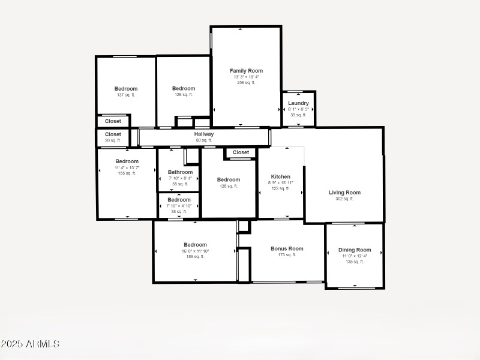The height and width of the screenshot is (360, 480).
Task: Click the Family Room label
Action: click(246, 71)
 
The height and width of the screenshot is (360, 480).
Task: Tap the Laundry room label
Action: click(298, 103)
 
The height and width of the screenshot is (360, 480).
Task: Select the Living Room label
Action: click(344, 193)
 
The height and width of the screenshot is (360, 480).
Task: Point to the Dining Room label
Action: click(355, 250)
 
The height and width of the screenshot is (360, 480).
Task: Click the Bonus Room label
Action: click(287, 248)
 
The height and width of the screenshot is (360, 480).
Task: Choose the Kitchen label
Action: click(280, 177)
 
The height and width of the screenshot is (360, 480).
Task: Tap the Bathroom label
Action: click(180, 172)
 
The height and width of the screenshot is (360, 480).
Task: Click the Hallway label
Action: click(204, 134)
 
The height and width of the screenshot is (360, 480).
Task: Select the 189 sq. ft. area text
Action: click(195, 256)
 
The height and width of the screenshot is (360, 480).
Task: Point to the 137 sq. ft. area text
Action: click(126, 95)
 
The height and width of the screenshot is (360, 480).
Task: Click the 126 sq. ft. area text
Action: click(184, 94)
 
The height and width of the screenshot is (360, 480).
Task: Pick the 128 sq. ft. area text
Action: click(229, 186)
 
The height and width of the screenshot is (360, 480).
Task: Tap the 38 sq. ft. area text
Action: click(179, 211)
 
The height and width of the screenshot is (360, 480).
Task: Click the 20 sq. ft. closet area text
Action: click(113, 140)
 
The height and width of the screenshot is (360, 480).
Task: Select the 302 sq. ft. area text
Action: click(344, 199)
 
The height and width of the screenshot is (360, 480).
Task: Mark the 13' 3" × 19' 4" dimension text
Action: click(246, 77)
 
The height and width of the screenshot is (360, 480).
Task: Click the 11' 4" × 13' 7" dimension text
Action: click(127, 167)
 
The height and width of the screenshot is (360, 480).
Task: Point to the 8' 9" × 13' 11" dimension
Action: click(280, 183)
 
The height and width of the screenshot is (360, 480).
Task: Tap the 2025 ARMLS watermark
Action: click(30, 344)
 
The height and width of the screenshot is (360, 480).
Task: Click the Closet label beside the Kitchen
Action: click(241, 152)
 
